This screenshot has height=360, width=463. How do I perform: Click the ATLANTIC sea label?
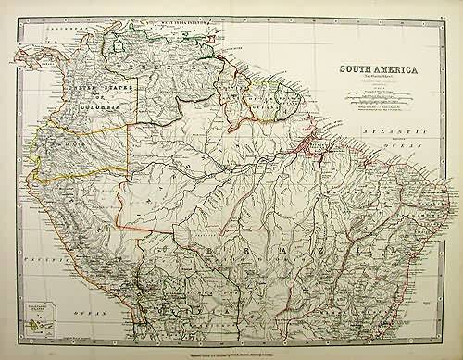click(x=379, y=135)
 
